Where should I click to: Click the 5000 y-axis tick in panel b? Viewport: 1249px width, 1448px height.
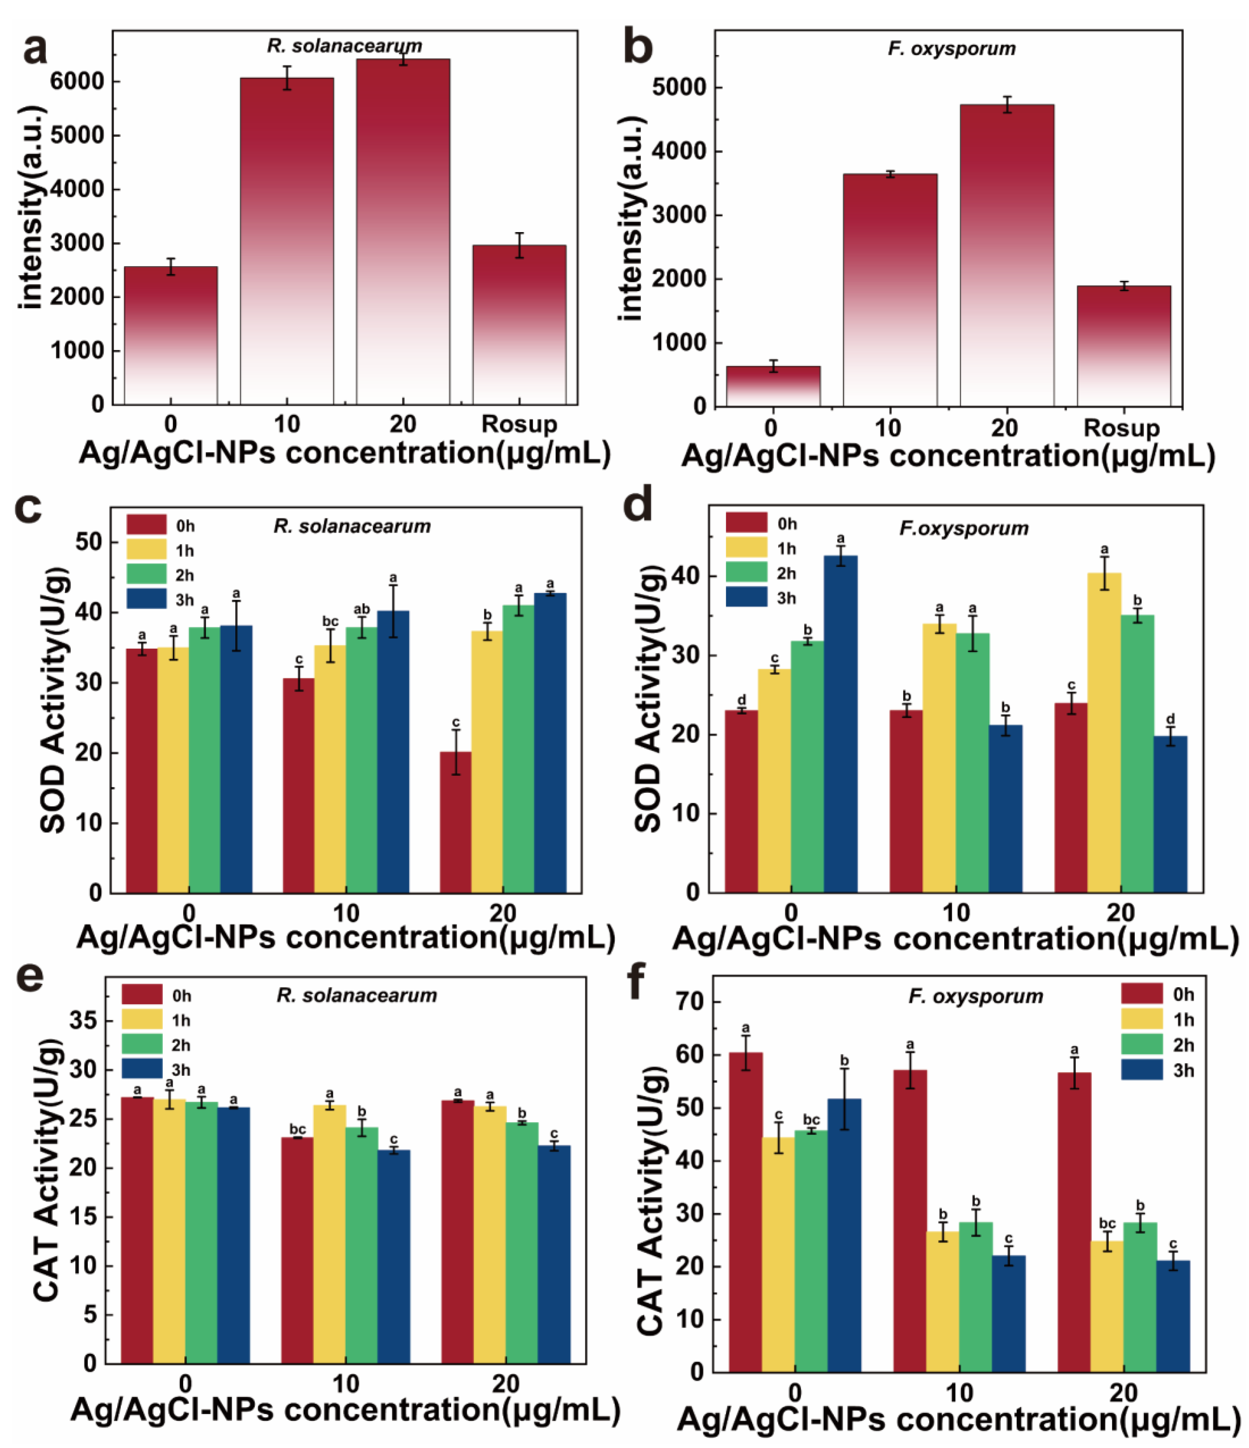[678, 88]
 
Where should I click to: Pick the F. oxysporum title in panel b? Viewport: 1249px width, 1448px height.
[951, 49]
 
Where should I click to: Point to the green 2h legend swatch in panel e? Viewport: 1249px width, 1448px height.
[142, 1045]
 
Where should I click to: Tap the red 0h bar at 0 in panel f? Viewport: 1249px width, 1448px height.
[745, 1212]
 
